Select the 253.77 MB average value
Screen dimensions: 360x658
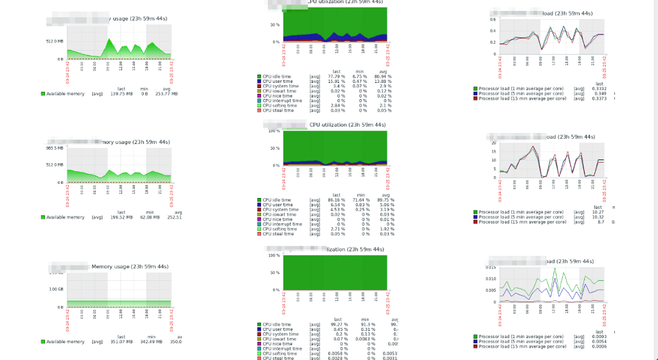[x=166, y=94]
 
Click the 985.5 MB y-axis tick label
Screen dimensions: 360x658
[x=55, y=148]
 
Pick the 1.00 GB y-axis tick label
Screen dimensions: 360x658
[x=56, y=288]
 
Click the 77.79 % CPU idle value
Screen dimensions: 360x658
[x=336, y=76]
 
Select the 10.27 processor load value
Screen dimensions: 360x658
[x=599, y=212]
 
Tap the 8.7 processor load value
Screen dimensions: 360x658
[x=600, y=222]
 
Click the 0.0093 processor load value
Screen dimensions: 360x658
[x=599, y=336]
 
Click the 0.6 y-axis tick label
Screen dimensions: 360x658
[x=493, y=19]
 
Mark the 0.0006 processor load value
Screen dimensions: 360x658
[x=599, y=346]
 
